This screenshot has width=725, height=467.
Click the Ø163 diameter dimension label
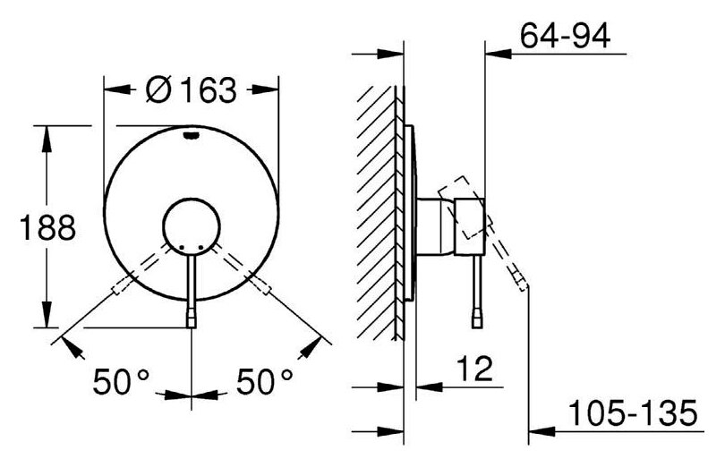tap(191, 89)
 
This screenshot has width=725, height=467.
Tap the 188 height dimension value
tap(47, 227)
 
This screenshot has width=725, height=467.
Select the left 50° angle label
tap(122, 381)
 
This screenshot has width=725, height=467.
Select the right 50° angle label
tap(265, 381)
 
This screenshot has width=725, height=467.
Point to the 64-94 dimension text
tap(565, 36)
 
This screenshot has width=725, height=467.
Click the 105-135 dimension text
tap(633, 413)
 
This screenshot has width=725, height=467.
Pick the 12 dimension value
tap(474, 369)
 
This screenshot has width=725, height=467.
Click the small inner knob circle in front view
tap(192, 226)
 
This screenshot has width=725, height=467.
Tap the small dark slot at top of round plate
tap(192, 135)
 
